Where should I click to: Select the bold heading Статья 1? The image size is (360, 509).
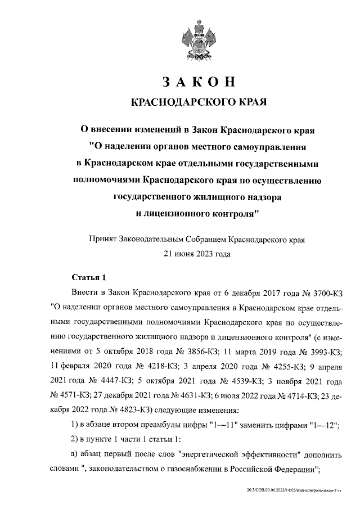coord(89,278)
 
